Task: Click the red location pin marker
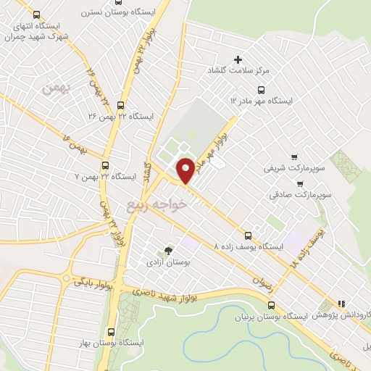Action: [185, 170]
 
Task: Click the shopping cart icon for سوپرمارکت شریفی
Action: [293, 157]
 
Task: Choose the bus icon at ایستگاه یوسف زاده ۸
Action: [249, 235]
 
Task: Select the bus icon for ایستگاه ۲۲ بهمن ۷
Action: [107, 165]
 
